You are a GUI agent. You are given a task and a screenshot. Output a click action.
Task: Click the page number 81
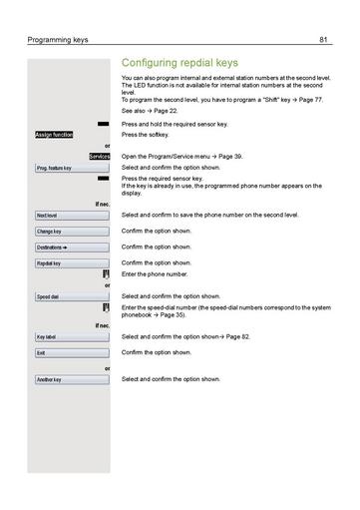(x=324, y=40)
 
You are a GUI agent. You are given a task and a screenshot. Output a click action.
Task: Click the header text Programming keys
(x=58, y=40)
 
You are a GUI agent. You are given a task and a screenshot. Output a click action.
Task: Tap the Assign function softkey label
(x=54, y=134)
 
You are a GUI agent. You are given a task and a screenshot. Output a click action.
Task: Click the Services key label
(x=99, y=157)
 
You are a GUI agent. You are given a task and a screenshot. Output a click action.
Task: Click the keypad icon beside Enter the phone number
(x=105, y=273)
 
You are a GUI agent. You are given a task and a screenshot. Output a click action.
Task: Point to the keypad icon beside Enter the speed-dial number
(x=105, y=307)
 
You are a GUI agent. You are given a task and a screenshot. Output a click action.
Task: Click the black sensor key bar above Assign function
(x=104, y=124)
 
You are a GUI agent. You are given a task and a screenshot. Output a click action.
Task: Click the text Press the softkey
(x=146, y=135)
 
